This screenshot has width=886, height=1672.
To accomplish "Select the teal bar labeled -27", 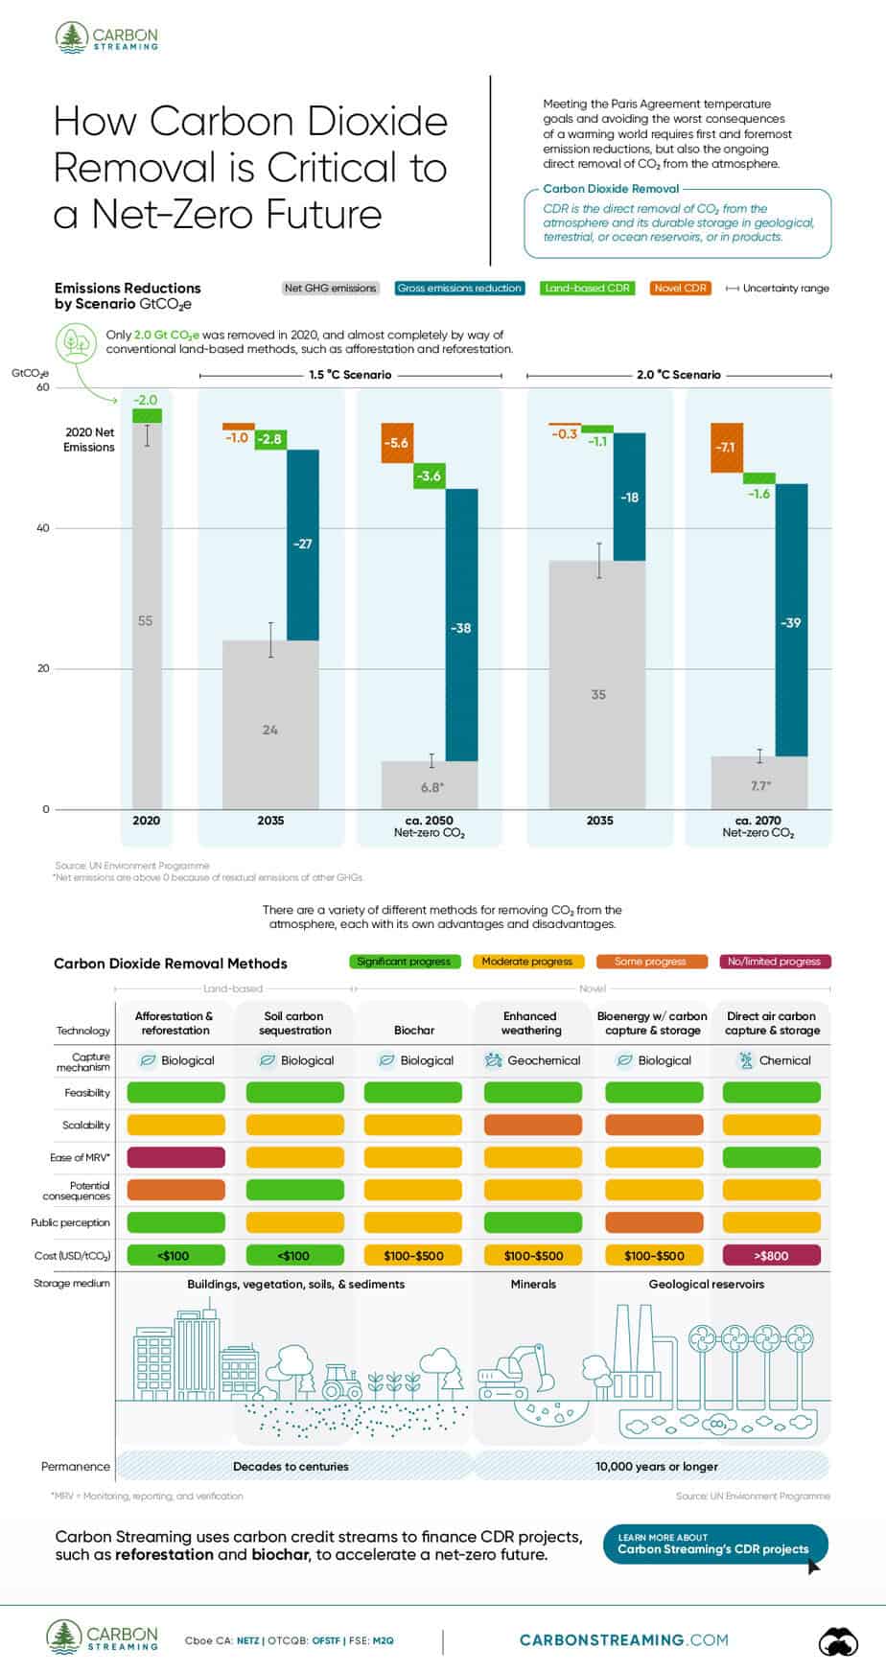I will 303,544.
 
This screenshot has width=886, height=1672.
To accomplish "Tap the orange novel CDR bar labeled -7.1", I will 726,448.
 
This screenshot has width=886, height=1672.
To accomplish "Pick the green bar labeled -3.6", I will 430,476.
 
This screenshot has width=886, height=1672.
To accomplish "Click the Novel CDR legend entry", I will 680,288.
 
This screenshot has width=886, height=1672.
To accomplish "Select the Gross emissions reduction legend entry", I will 459,288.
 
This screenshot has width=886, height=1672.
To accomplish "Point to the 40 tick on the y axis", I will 43,528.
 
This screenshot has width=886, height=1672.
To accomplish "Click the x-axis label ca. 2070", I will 758,821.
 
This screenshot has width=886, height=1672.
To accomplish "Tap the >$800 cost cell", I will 771,1255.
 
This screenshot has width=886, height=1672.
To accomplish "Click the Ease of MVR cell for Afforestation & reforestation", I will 175,1157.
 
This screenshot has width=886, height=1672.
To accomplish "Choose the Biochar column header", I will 414,1031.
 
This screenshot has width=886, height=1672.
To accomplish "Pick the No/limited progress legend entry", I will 774,962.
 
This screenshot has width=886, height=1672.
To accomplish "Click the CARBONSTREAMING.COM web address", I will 623,1640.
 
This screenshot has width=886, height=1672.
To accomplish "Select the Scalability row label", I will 86,1126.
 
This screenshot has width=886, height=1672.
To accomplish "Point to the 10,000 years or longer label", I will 656,1466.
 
